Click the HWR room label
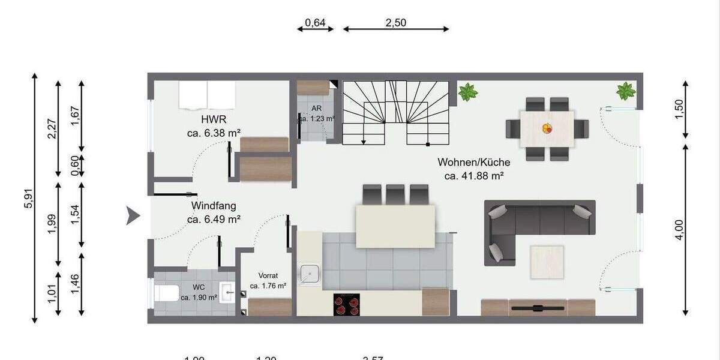click(214, 119)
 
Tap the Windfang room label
click(214, 206)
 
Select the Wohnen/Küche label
click(473, 162)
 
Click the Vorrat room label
click(268, 275)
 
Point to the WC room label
click(199, 287)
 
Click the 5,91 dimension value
click(27, 197)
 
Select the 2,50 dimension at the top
click(396, 23)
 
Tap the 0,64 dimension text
click(315, 23)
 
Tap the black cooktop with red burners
click(347, 304)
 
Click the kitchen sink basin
click(310, 274)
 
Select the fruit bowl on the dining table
click(547, 128)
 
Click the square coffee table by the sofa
click(547, 262)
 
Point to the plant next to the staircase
click(467, 92)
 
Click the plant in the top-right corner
click(626, 91)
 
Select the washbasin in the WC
click(228, 293)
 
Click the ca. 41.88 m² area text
click(473, 176)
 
